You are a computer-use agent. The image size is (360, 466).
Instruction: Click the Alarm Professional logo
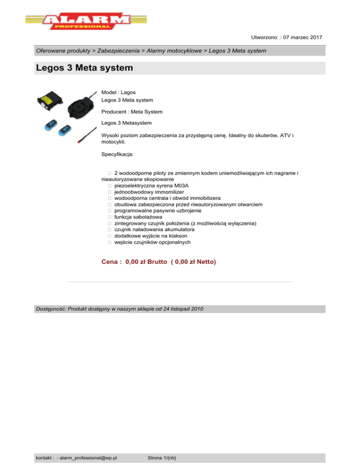click(x=78, y=21)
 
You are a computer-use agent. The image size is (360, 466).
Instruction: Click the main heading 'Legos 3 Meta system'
click(x=84, y=68)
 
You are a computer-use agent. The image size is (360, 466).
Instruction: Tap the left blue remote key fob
click(x=49, y=125)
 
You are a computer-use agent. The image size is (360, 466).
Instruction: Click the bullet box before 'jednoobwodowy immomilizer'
click(x=108, y=192)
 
